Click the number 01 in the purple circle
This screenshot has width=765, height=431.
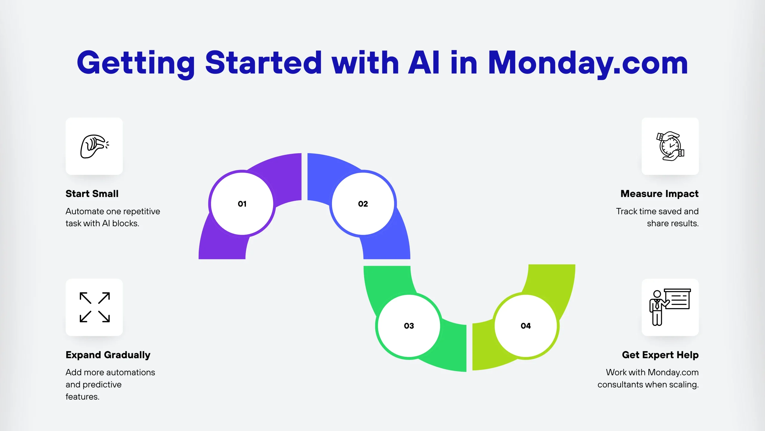242,204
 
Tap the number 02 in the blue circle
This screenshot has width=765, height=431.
363,204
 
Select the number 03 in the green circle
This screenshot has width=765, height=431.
409,326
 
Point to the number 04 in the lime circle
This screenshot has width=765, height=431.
526,326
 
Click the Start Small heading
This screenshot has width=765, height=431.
92,194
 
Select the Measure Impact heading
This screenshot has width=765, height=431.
660,194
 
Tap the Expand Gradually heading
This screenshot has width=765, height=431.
108,355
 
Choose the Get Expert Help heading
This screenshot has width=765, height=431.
660,355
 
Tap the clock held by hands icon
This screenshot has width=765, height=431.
670,146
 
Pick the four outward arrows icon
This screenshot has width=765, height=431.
94,307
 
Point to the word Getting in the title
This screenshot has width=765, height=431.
136,63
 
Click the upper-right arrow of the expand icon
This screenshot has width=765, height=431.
104,298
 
